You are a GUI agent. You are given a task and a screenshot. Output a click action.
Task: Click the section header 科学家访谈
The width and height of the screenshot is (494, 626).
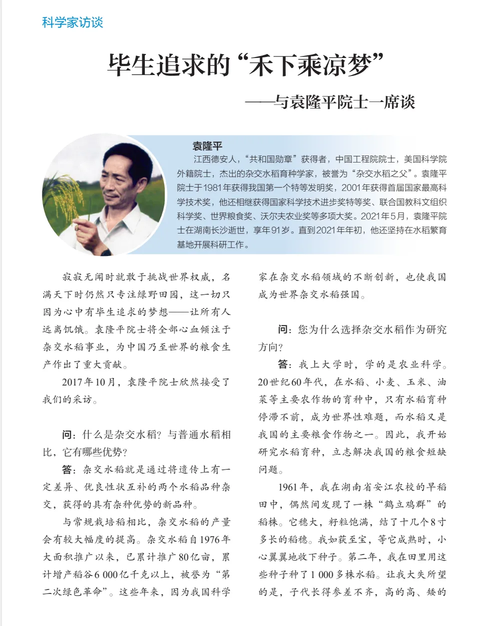pos(72,22)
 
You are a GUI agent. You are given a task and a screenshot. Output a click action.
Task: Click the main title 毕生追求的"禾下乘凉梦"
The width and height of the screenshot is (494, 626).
pos(246,65)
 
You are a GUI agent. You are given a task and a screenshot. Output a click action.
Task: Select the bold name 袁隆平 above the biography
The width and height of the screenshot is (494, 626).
pos(207,146)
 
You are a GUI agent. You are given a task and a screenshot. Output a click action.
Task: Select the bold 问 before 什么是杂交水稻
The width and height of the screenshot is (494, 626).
pos(67,434)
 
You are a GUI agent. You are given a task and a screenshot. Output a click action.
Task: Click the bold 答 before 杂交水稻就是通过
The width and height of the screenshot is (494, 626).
pos(67,469)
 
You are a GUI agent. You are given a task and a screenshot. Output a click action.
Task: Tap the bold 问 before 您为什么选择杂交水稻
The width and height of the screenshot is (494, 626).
pos(283,329)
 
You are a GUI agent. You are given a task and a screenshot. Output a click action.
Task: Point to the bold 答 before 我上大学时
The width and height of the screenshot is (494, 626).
pos(283,364)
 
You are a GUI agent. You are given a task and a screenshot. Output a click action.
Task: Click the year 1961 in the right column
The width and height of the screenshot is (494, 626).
pos(288,487)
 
